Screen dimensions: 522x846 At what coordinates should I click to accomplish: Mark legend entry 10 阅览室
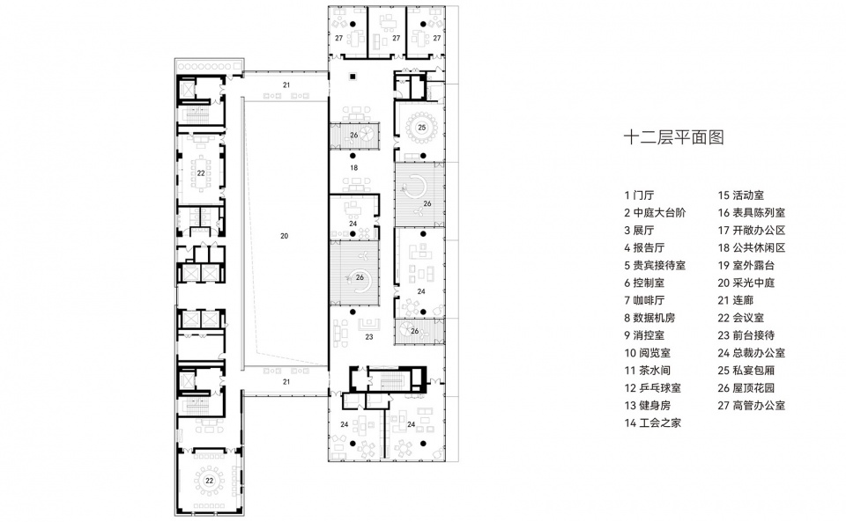650,353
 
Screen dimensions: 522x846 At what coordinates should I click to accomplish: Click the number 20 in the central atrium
284,235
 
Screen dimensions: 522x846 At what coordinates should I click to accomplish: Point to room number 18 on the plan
353,166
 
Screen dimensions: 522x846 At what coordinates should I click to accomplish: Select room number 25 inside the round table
421,128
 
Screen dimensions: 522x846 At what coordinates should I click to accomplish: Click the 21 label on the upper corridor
286,85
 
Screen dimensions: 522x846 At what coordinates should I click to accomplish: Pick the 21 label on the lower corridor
286,383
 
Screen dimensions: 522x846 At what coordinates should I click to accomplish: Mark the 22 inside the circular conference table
210,481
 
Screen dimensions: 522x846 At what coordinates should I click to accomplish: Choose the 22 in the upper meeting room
201,173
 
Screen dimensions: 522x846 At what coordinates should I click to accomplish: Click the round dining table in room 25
421,128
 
